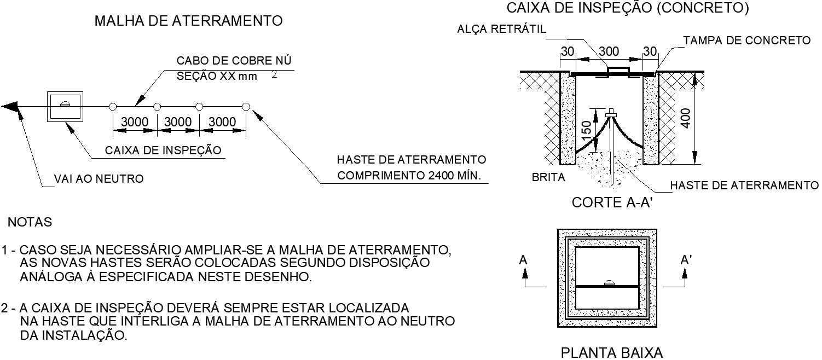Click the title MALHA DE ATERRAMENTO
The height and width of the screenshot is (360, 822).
coord(189,21)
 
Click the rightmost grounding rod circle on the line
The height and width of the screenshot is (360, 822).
coord(246,106)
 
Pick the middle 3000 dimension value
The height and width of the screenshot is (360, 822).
coord(178,122)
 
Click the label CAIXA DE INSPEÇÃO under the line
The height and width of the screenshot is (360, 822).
coord(163,150)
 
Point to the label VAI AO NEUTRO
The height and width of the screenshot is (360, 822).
coord(99,179)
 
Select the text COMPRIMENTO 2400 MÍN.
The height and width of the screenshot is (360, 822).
coord(409,176)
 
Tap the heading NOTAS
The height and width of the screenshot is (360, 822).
coord(30,223)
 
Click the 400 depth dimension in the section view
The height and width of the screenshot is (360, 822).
coord(686,118)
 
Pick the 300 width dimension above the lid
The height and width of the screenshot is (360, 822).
coord(608,52)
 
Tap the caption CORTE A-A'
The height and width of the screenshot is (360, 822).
coord(613,203)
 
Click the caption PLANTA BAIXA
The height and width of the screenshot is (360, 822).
coord(611,352)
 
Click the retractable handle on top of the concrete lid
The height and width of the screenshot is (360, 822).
coord(618,69)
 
